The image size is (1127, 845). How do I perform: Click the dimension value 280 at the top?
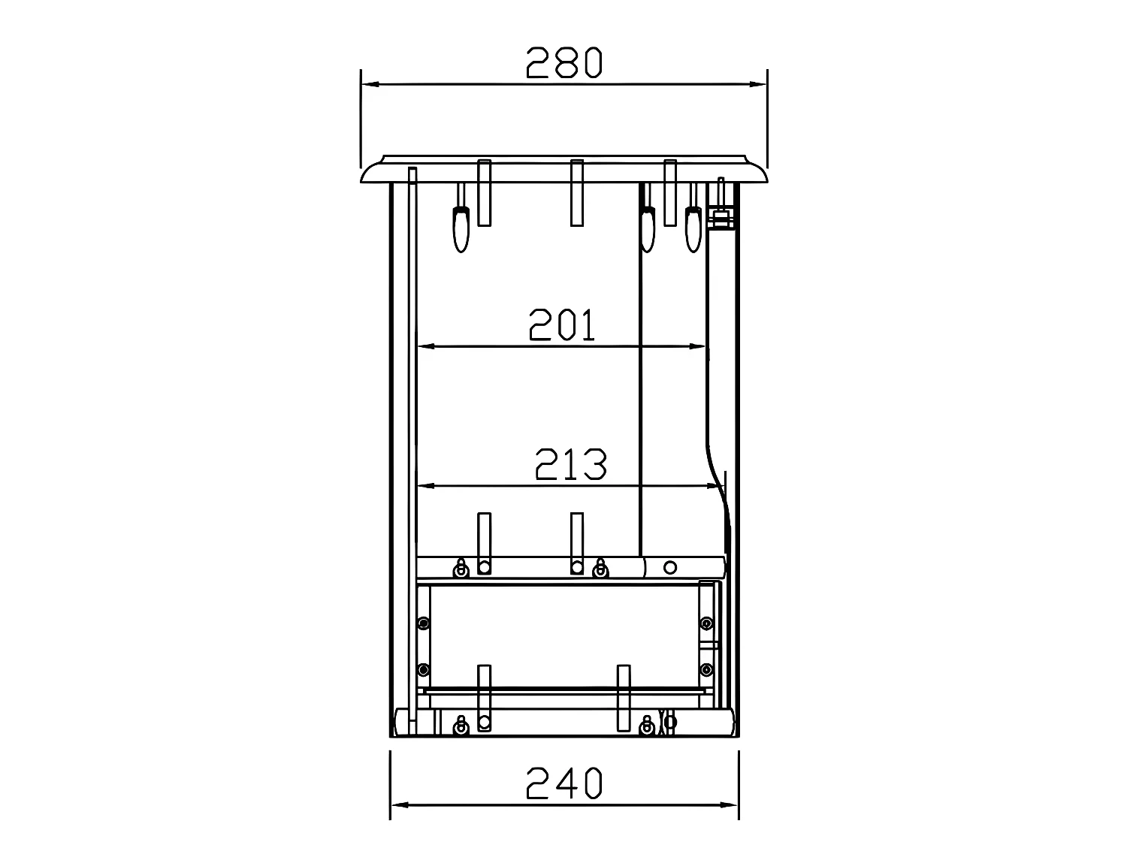pyautogui.click(x=563, y=62)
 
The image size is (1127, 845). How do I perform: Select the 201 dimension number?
pyautogui.click(x=562, y=325)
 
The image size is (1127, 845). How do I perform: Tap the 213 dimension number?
pyautogui.click(x=570, y=465)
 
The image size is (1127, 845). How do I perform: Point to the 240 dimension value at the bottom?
pyautogui.click(x=564, y=783)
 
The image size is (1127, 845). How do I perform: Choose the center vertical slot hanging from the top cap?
pyautogui.click(x=577, y=192)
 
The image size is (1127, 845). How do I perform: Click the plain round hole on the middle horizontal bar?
pyautogui.click(x=670, y=566)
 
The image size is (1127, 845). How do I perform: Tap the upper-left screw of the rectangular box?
pyautogui.click(x=424, y=623)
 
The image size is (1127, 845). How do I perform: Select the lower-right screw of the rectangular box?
pyautogui.click(x=706, y=669)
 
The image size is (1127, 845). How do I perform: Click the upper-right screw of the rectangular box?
pyautogui.click(x=706, y=623)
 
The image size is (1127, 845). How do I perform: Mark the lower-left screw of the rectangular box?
pyautogui.click(x=424, y=669)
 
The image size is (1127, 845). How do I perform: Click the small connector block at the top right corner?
pyautogui.click(x=721, y=219)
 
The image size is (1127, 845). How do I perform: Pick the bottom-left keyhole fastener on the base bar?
pyautogui.click(x=461, y=726)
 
